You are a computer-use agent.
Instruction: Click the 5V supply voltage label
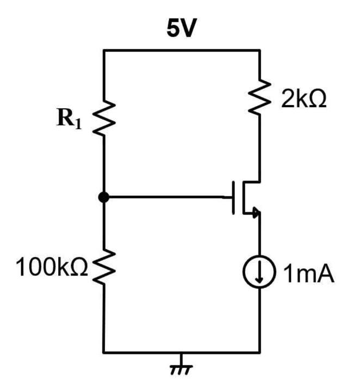coord(180,29)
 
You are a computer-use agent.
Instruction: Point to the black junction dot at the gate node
coord(104,198)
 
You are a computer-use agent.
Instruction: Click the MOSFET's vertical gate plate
coord(235,198)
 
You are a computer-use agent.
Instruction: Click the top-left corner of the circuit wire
coord(104,51)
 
